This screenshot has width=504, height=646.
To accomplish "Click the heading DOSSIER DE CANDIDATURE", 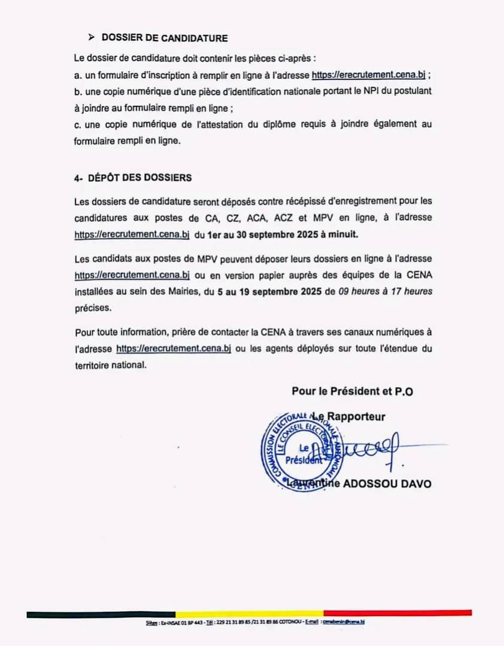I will coord(165,38).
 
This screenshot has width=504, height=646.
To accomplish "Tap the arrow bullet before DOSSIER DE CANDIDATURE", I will coord(92,38).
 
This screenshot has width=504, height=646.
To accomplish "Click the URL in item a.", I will coord(368,75).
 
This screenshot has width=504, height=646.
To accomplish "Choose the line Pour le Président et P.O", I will coord(352,392).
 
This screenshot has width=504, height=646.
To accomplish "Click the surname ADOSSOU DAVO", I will coord(388,483).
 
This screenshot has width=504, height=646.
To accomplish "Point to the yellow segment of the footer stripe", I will coord(249,613).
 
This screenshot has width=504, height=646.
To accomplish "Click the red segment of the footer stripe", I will coord(397,613).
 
